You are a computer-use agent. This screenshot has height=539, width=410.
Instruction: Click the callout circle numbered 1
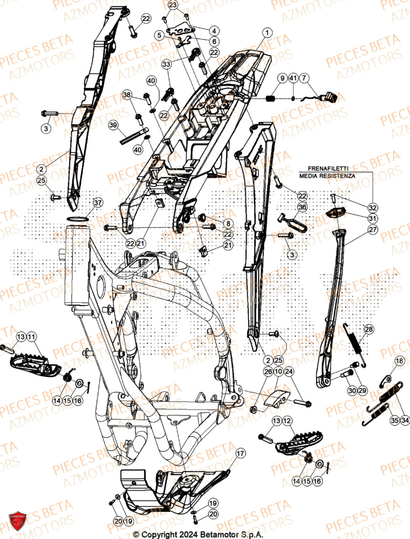tap(268, 33)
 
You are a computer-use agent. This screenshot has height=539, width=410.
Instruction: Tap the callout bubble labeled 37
tap(97, 203)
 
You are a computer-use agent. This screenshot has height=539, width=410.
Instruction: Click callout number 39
tap(113, 125)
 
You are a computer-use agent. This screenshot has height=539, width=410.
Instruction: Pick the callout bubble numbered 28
tap(368, 329)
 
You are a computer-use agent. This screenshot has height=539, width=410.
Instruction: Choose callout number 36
tap(302, 208)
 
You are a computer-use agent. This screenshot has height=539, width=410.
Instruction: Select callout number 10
tap(279, 372)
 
